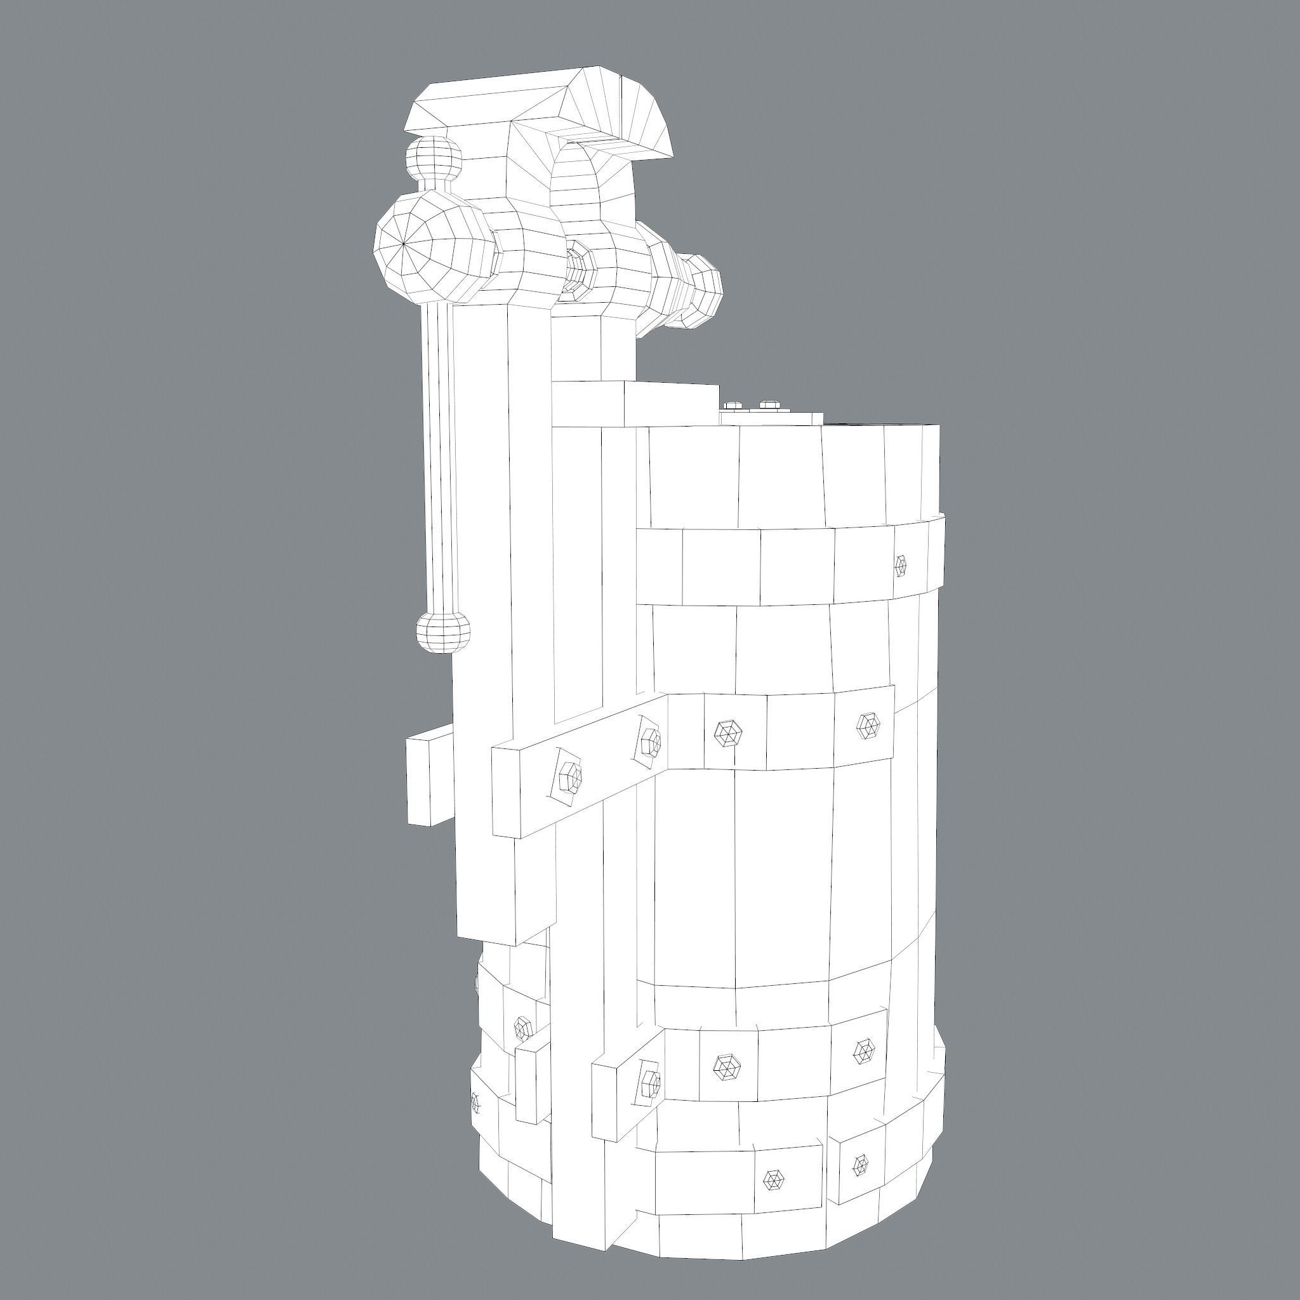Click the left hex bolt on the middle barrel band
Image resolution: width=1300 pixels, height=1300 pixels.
(727, 732)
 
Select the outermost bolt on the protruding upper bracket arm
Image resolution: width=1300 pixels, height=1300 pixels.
(569, 778)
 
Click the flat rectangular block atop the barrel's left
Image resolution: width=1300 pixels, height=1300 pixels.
(636, 404)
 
